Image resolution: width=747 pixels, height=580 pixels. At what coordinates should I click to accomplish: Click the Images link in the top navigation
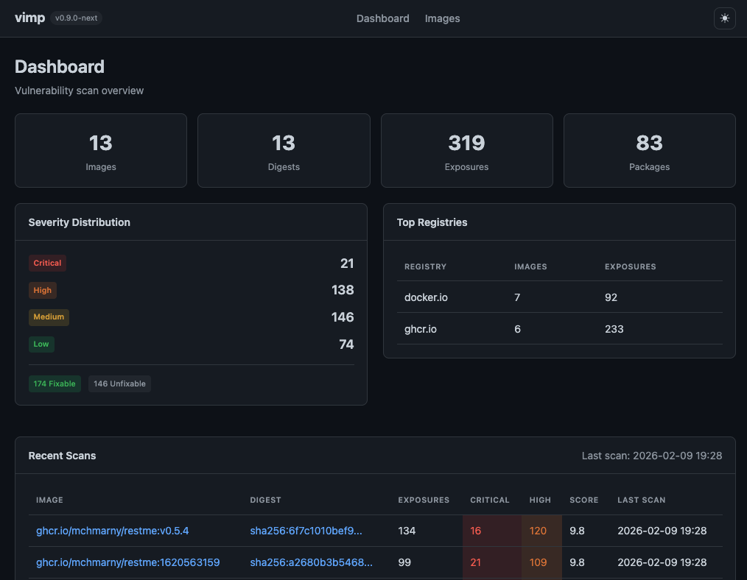click(x=442, y=18)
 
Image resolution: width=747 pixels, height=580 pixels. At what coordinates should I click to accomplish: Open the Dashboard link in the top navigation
click(x=382, y=18)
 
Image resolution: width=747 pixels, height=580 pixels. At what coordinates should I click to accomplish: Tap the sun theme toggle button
click(x=724, y=18)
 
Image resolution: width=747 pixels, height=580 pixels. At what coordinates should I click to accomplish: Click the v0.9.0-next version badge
click(x=77, y=18)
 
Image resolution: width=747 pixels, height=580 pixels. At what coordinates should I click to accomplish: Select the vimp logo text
click(x=29, y=18)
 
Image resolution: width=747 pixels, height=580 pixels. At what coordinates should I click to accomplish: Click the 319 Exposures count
click(x=466, y=143)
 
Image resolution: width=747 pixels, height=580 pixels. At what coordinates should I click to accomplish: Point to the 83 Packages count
click(x=649, y=143)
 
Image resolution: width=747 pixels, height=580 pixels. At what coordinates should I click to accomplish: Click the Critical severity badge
click(x=47, y=263)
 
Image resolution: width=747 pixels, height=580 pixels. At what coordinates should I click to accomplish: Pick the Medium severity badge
click(x=49, y=317)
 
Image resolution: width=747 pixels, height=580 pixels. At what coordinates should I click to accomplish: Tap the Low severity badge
click(x=41, y=344)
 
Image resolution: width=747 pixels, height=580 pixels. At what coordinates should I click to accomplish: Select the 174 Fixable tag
click(x=55, y=383)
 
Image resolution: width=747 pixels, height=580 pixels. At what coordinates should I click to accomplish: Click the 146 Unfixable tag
click(x=119, y=383)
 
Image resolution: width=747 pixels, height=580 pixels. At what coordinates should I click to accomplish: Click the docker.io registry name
click(x=426, y=297)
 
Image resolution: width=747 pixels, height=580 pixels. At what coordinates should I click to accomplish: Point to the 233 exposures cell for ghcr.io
click(x=614, y=329)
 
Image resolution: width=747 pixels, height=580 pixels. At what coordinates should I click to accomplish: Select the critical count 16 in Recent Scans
click(x=476, y=531)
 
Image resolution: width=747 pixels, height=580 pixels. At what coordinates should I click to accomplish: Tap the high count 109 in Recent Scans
click(x=539, y=562)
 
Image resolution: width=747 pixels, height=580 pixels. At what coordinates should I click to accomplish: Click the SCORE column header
click(x=583, y=500)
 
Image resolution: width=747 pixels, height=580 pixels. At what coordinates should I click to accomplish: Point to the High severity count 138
click(x=343, y=290)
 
